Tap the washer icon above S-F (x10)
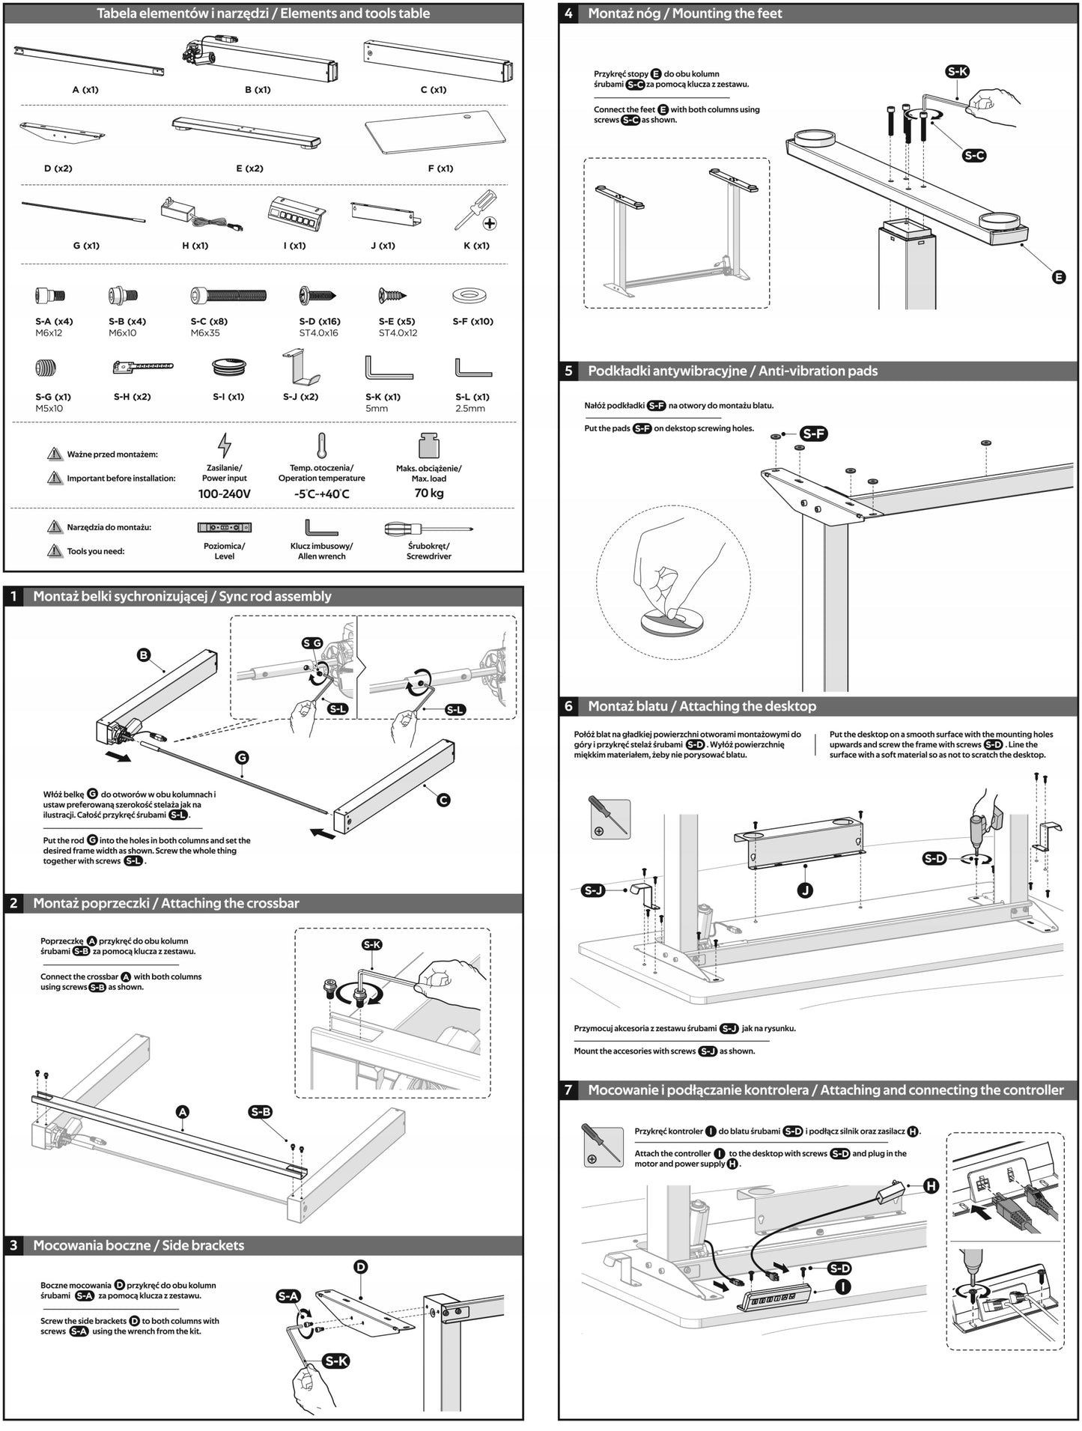(470, 295)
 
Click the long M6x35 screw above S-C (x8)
(228, 295)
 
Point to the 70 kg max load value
(428, 493)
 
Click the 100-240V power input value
(224, 494)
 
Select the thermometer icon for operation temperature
(321, 446)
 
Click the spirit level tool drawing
(224, 528)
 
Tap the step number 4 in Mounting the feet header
(569, 13)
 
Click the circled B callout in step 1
(144, 655)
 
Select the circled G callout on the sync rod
(241, 758)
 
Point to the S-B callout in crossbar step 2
(261, 1112)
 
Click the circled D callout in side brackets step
(360, 1267)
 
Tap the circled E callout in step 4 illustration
(1058, 277)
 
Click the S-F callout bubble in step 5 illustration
(813, 434)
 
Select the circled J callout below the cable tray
(806, 890)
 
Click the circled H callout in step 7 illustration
(931, 1186)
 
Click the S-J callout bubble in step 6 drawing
(593, 890)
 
